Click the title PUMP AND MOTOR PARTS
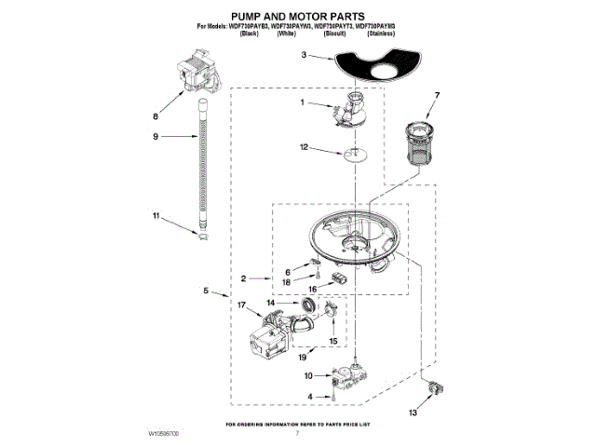(297, 17)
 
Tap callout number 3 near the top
(305, 56)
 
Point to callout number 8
(156, 117)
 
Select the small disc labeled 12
(349, 155)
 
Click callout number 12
(304, 147)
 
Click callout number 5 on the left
(206, 291)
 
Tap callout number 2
(242, 278)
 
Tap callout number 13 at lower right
(413, 412)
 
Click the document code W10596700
(164, 435)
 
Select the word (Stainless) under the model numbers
(379, 33)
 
